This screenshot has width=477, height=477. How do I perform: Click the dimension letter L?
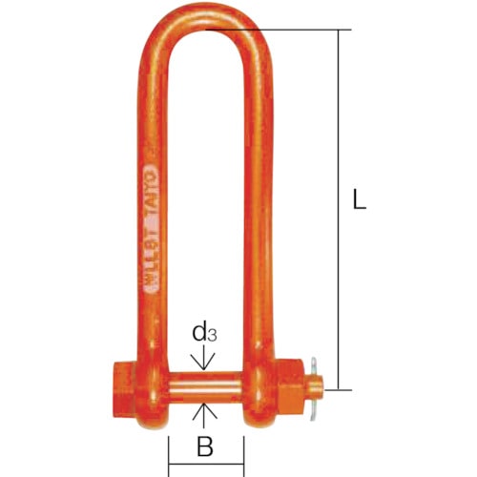(x=357, y=201)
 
